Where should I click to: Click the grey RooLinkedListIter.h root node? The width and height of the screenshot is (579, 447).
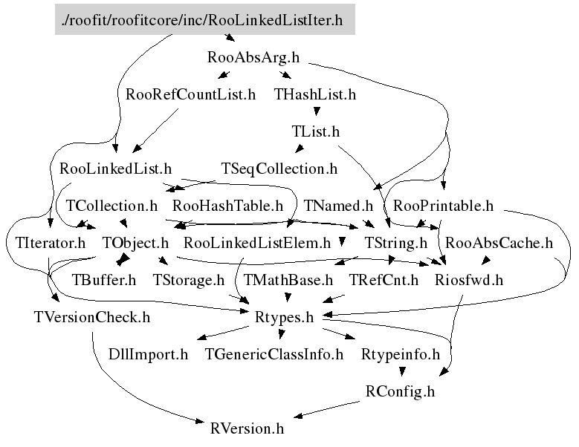click(x=204, y=20)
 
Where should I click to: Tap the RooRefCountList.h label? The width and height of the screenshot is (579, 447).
click(x=190, y=94)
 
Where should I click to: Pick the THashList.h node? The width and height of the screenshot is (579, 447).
click(x=315, y=94)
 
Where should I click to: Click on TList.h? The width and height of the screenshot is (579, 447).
click(x=315, y=131)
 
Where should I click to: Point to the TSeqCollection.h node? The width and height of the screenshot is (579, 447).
click(x=279, y=169)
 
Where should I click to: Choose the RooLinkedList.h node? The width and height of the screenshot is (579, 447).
click(x=115, y=169)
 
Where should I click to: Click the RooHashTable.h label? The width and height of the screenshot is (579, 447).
click(x=228, y=205)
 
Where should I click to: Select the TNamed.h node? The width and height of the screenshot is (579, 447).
click(x=339, y=205)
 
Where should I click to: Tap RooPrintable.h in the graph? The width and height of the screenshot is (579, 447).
click(x=443, y=205)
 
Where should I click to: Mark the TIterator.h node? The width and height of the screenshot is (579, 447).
click(x=51, y=243)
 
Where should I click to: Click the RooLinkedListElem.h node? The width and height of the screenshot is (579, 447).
click(x=257, y=243)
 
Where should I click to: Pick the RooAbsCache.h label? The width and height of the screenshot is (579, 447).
click(x=499, y=243)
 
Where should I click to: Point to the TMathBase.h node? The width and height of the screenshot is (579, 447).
click(x=289, y=280)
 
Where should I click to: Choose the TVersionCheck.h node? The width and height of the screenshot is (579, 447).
click(x=92, y=317)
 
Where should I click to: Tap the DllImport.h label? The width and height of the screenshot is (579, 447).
click(x=149, y=354)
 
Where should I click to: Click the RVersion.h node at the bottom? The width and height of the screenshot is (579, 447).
click(x=247, y=428)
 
